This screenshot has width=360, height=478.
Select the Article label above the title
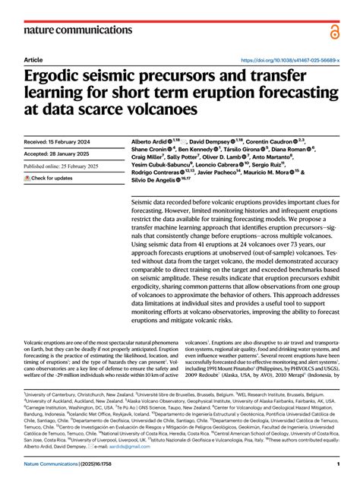[x=33, y=59]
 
